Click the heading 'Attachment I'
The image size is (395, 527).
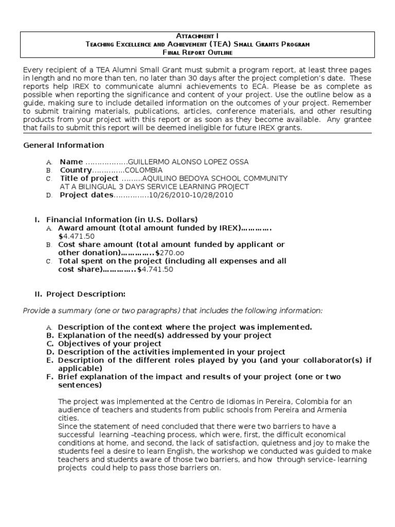click(x=197, y=36)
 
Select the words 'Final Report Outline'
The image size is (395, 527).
click(x=197, y=52)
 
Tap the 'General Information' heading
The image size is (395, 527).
click(x=64, y=145)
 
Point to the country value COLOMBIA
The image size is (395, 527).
click(x=143, y=170)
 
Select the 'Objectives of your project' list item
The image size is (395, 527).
click(x=110, y=344)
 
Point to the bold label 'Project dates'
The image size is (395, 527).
click(x=86, y=195)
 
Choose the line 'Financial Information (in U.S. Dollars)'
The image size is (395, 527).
click(x=122, y=220)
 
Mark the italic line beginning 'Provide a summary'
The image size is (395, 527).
click(x=173, y=310)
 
